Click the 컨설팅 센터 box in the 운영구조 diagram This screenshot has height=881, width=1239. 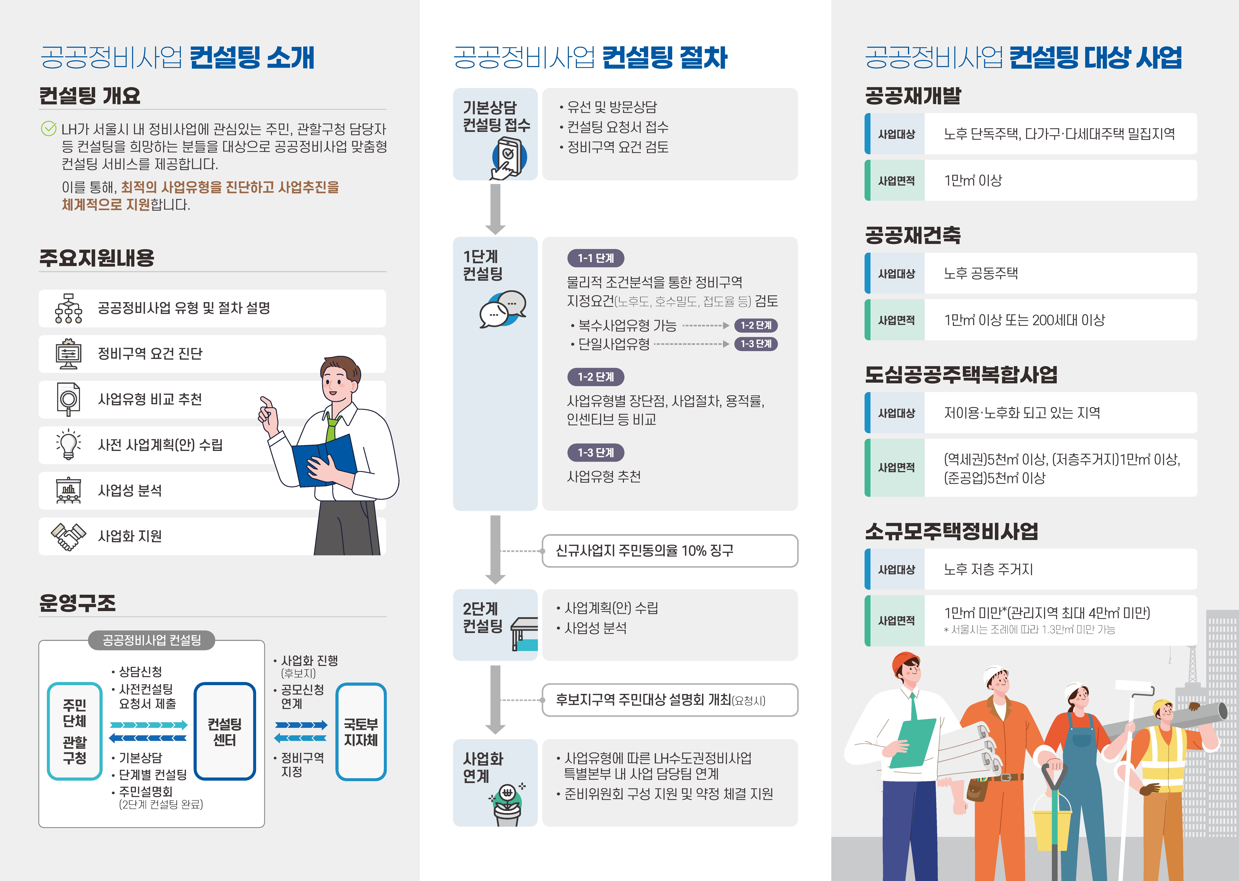tap(225, 731)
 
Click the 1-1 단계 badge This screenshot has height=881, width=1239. tap(596, 258)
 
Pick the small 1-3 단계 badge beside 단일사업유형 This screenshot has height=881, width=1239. tap(756, 344)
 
